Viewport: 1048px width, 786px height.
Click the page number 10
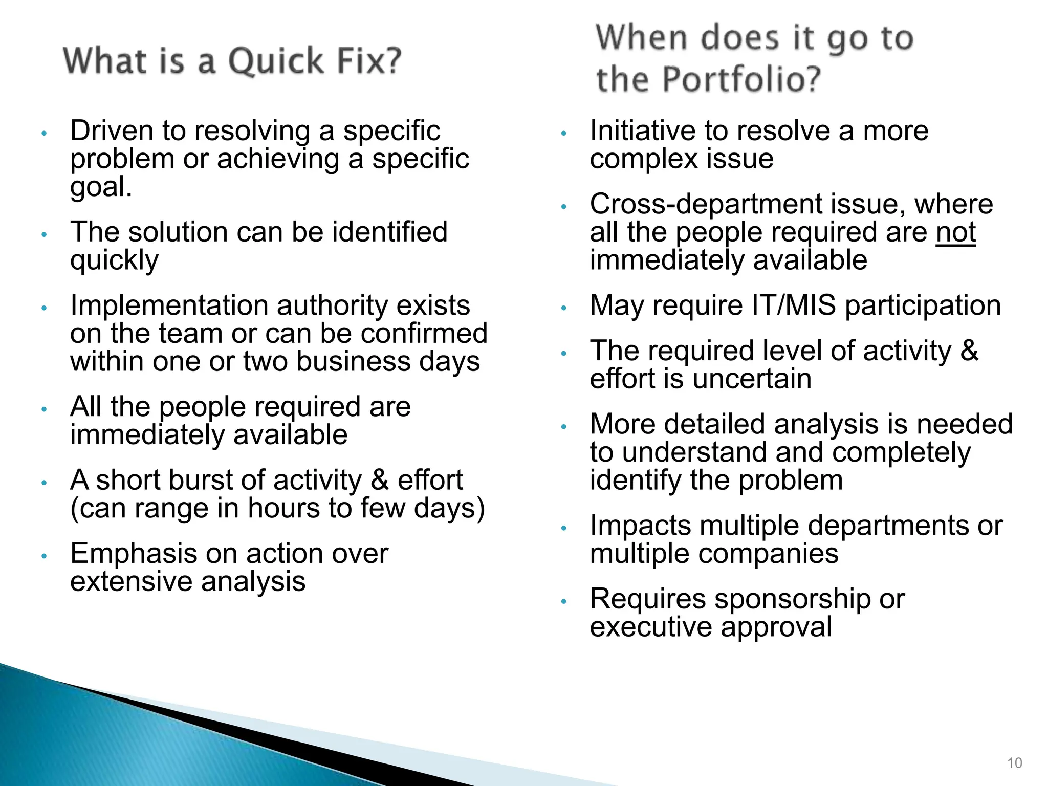point(1014,763)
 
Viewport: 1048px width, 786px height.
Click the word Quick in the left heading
point(276,61)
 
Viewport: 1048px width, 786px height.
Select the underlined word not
point(955,232)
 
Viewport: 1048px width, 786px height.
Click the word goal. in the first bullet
point(101,187)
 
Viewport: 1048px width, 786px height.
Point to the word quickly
point(114,261)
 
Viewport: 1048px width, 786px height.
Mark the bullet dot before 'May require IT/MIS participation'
point(563,308)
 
